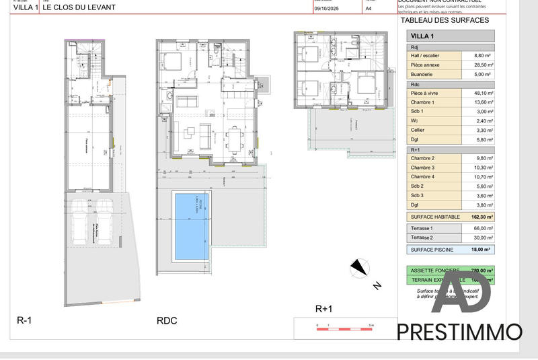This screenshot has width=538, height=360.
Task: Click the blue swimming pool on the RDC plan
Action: [x=192, y=227]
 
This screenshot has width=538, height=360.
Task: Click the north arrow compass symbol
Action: [x=359, y=268]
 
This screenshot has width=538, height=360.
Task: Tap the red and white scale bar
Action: [x=344, y=325]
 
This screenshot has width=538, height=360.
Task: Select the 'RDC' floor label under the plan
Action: [x=166, y=321]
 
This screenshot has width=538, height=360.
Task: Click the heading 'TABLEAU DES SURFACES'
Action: [x=445, y=21]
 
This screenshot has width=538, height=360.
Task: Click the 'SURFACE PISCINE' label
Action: [x=432, y=250]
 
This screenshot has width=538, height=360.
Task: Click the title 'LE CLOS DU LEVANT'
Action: [x=79, y=7]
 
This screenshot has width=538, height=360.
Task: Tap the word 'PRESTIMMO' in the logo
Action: [x=459, y=332]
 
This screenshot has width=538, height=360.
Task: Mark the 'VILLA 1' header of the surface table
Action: [x=422, y=36]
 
